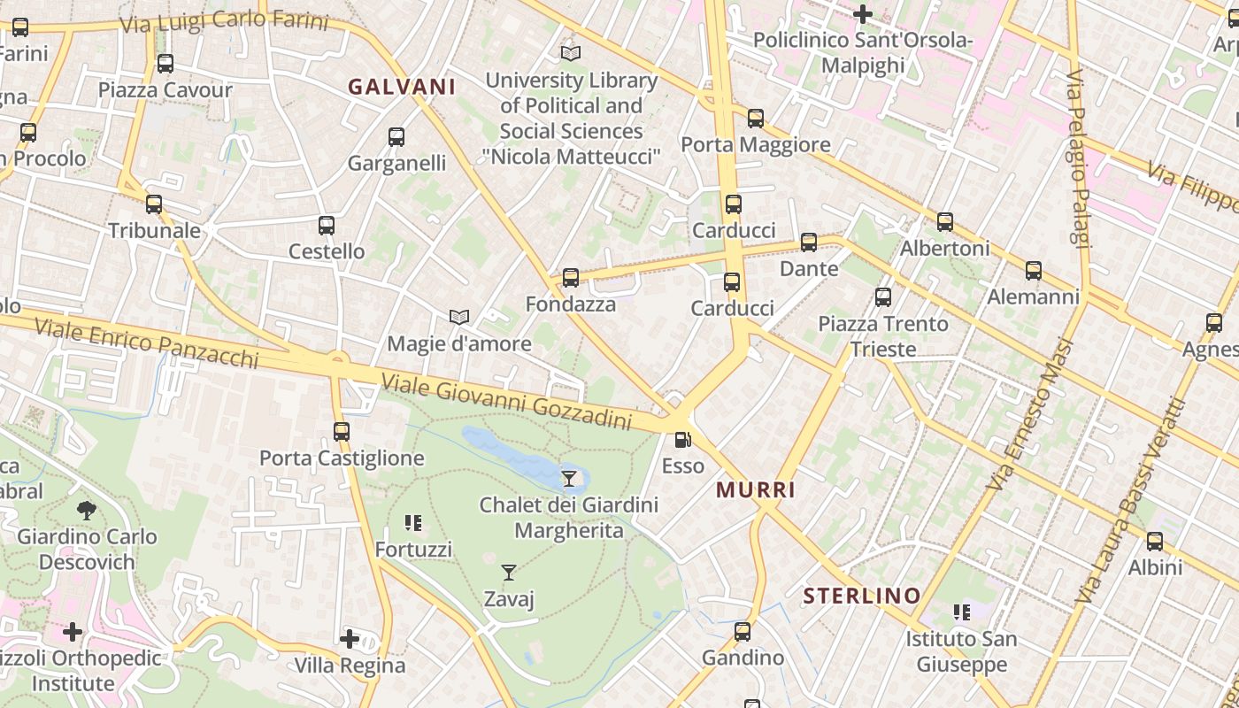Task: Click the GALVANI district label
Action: click(402, 87)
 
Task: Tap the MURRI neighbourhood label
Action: click(756, 489)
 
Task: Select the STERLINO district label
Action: click(862, 596)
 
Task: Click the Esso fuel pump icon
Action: click(682, 439)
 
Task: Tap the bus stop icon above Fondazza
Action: click(571, 278)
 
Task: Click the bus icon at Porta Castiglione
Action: click(342, 432)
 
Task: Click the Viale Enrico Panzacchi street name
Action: click(147, 343)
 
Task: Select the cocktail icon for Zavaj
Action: click(509, 573)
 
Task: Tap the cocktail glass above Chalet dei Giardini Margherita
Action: click(569, 479)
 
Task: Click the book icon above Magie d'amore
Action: click(458, 317)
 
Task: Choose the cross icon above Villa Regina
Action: click(350, 638)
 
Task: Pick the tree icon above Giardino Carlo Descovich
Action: click(87, 510)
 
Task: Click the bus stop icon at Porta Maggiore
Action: click(755, 118)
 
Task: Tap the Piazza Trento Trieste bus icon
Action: click(883, 297)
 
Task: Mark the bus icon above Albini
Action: click(1155, 541)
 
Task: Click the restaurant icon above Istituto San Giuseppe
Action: click(961, 612)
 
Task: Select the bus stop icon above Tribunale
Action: click(154, 204)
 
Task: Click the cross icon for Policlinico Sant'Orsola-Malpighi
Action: click(863, 13)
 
